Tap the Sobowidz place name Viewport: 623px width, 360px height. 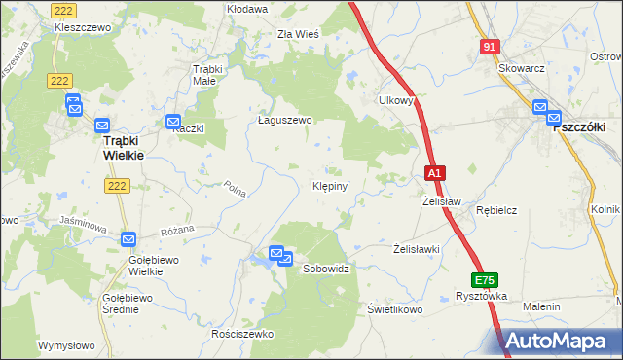326,268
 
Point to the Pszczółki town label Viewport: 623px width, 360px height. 579,126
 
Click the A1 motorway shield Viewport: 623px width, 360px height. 436,173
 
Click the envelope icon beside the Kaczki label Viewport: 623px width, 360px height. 173,122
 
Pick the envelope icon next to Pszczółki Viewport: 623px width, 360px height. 542,109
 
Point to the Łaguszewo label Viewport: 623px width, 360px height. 284,121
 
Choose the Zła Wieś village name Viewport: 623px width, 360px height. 298,33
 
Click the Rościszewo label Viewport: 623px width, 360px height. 243,334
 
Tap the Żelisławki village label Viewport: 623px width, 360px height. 418,249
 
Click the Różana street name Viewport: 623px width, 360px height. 178,230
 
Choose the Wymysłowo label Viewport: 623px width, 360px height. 66,345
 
